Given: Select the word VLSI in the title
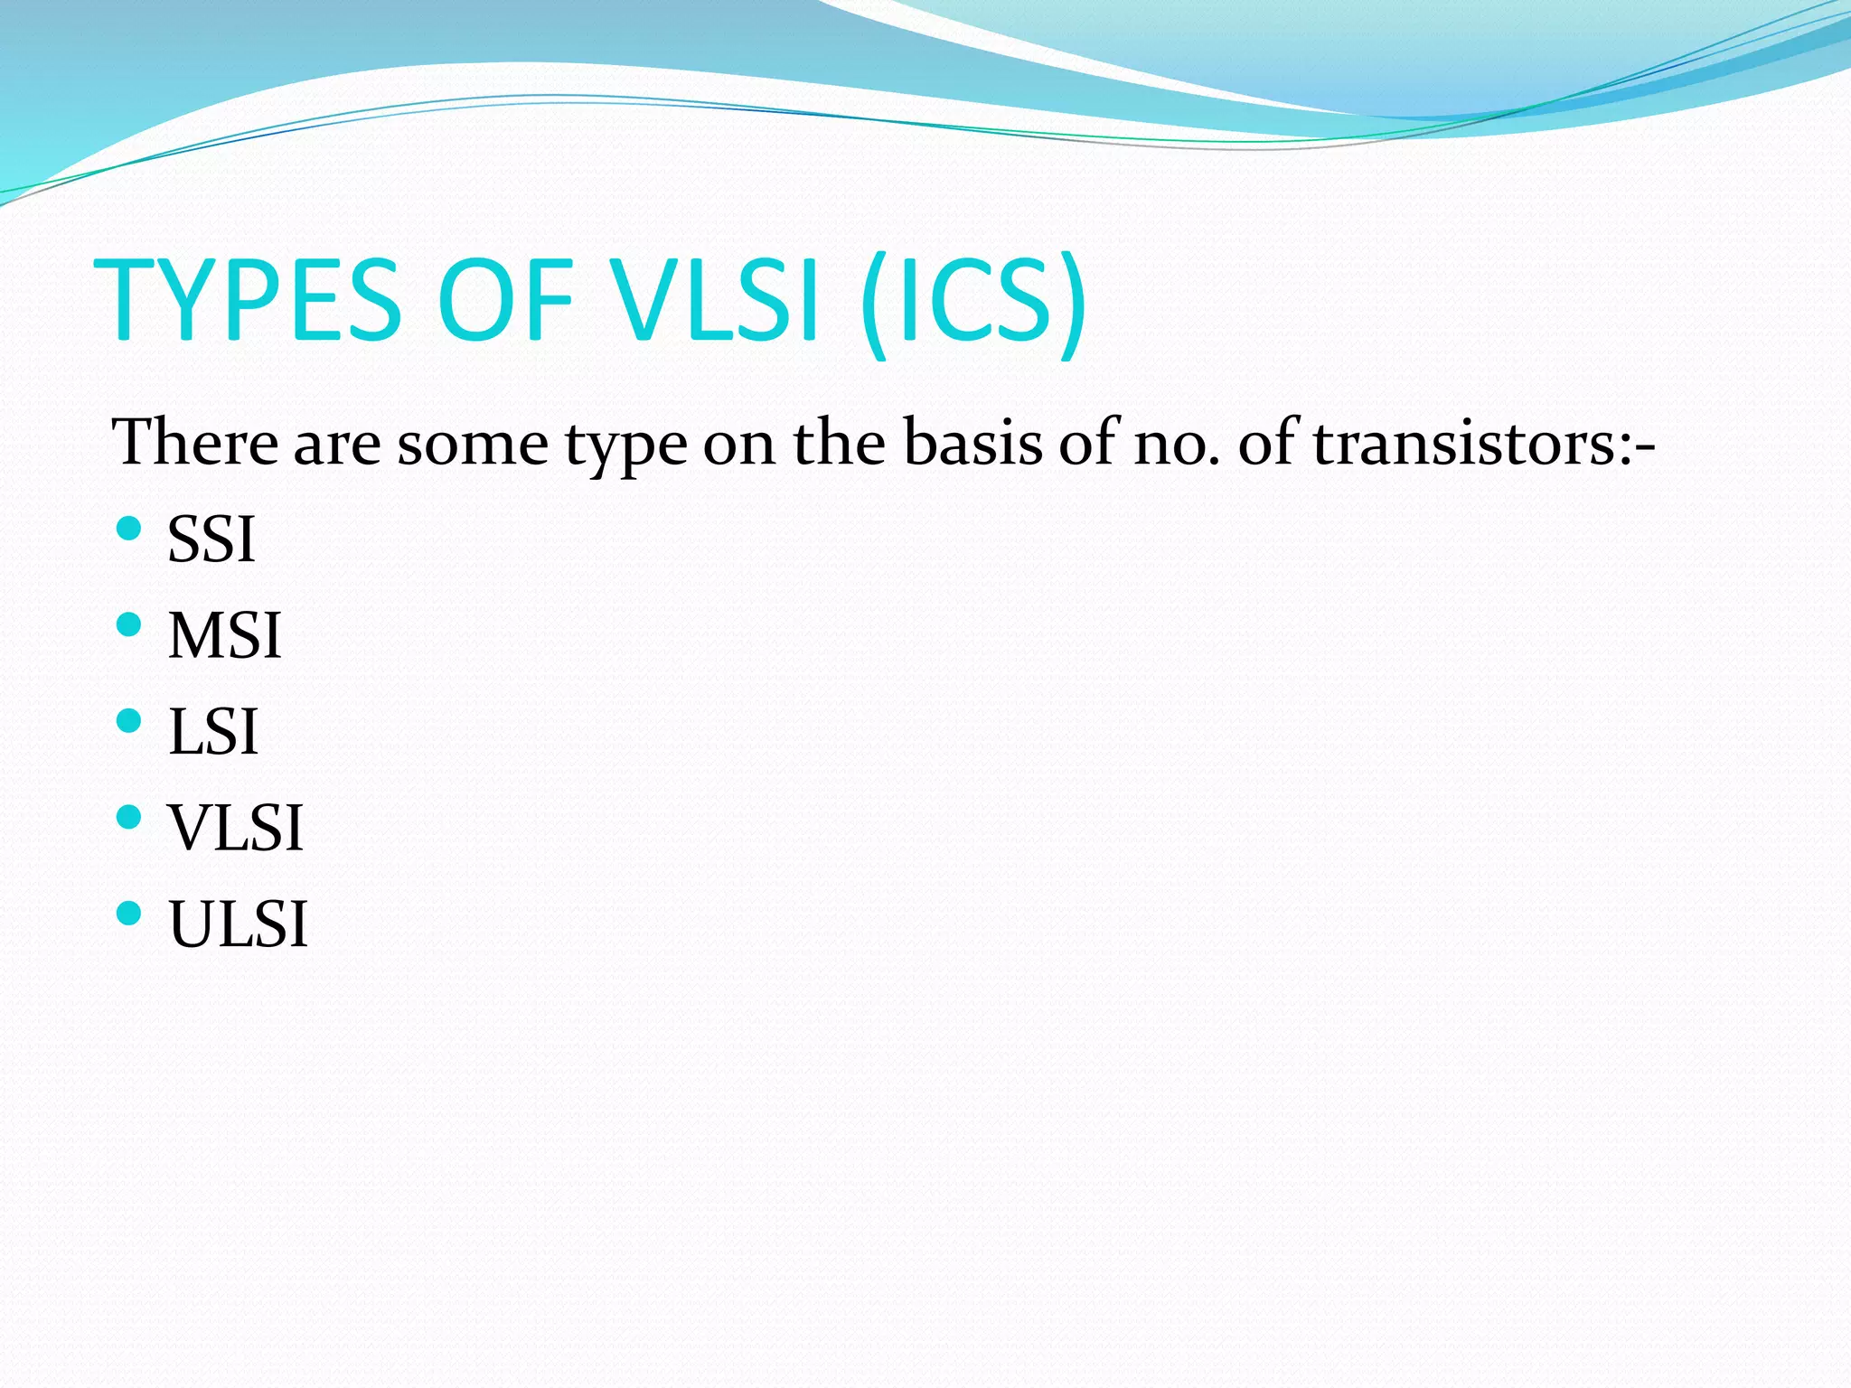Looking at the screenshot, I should pos(715,300).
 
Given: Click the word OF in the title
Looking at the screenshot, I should pos(506,300).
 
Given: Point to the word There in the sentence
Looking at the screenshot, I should pos(195,443).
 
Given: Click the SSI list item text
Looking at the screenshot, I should pos(211,540).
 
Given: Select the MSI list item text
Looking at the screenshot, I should pos(225,636).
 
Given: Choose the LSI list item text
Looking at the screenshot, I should pos(213,732).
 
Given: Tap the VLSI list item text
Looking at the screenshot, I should pos(236,828).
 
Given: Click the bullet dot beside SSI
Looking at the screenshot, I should pos(129,528).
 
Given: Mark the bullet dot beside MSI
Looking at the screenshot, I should pos(129,624).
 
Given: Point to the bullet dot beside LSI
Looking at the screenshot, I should pos(129,720).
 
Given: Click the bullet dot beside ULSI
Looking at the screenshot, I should pos(129,913).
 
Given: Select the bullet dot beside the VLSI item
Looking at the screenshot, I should pos(129,817).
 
